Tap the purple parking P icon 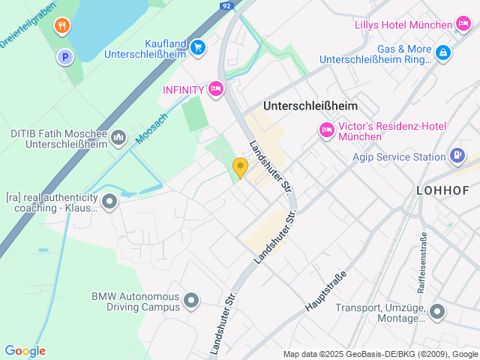coord(65,56)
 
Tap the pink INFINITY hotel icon coord(216,90)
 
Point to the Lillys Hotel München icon coord(464,25)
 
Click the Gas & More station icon coord(444,52)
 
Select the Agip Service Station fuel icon coord(457,157)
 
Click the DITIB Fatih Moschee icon coord(118,137)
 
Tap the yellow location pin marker coord(240,167)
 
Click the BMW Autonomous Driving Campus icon coord(191,301)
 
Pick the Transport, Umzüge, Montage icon coord(437,312)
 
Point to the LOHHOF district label coord(447,190)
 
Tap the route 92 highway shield coord(226,5)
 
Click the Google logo coord(25,351)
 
